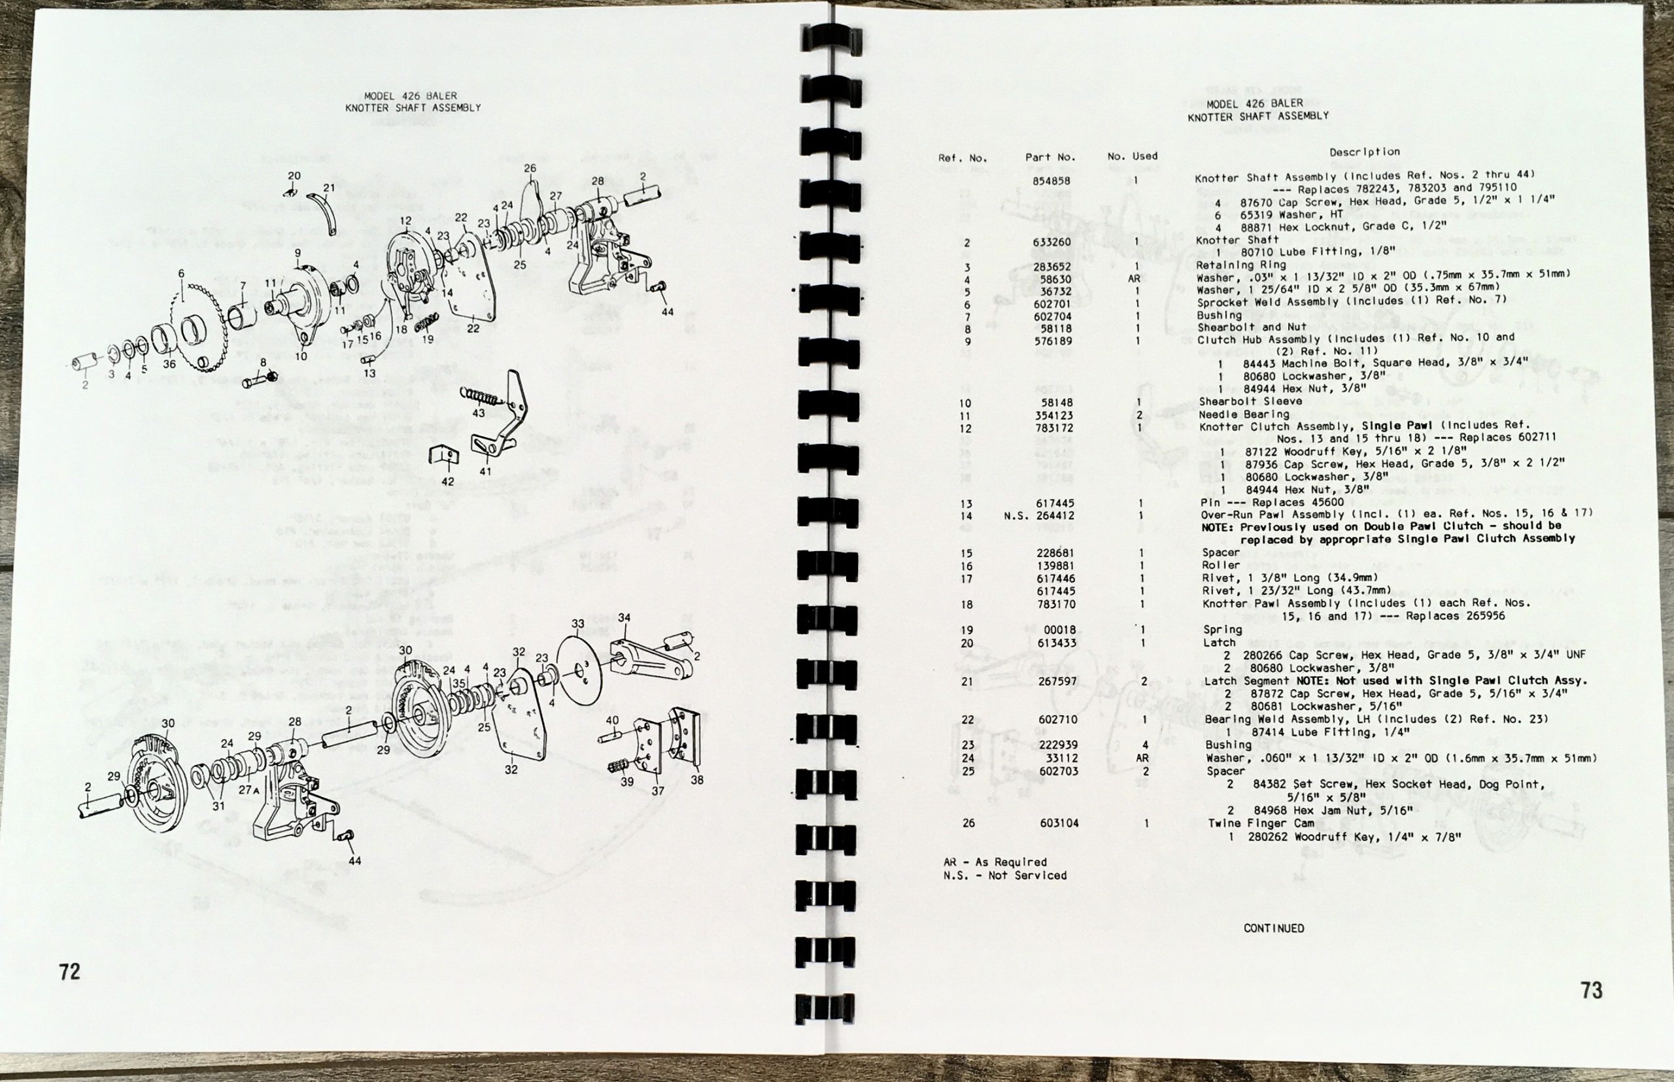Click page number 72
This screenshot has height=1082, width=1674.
click(x=69, y=972)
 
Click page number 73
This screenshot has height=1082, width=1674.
click(x=1592, y=990)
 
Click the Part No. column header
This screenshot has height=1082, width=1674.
click(x=1050, y=158)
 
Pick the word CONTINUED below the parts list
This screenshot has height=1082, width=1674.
click(x=1274, y=928)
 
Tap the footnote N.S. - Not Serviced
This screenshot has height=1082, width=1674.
click(x=1005, y=875)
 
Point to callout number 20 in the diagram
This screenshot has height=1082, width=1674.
click(x=294, y=176)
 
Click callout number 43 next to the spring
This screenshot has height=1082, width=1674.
click(x=478, y=413)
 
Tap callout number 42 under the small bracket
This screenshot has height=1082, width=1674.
click(x=448, y=482)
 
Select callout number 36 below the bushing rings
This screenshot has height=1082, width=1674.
click(x=169, y=364)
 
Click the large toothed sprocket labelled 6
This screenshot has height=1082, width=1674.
click(x=200, y=326)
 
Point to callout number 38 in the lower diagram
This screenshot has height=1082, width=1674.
click(x=696, y=780)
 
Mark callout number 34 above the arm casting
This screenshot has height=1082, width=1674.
click(x=624, y=618)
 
